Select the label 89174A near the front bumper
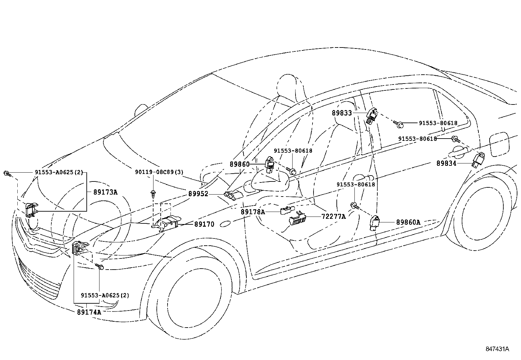(x=89, y=312)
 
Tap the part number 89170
(x=204, y=224)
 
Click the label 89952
(x=198, y=194)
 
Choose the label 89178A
(x=253, y=212)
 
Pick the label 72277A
(x=333, y=217)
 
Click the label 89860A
(x=408, y=222)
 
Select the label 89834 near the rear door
(x=446, y=163)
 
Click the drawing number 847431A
(x=497, y=349)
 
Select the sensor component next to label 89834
(x=478, y=160)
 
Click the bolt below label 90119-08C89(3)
(x=153, y=194)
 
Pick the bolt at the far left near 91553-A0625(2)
(x=7, y=174)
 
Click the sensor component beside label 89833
(x=372, y=117)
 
